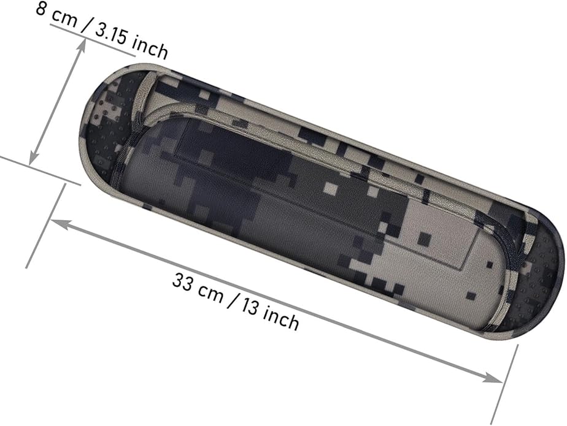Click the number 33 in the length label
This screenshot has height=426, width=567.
183,281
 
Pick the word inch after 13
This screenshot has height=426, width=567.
281,318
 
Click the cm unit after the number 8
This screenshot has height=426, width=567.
65,18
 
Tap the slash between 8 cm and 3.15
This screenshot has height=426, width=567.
86,25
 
